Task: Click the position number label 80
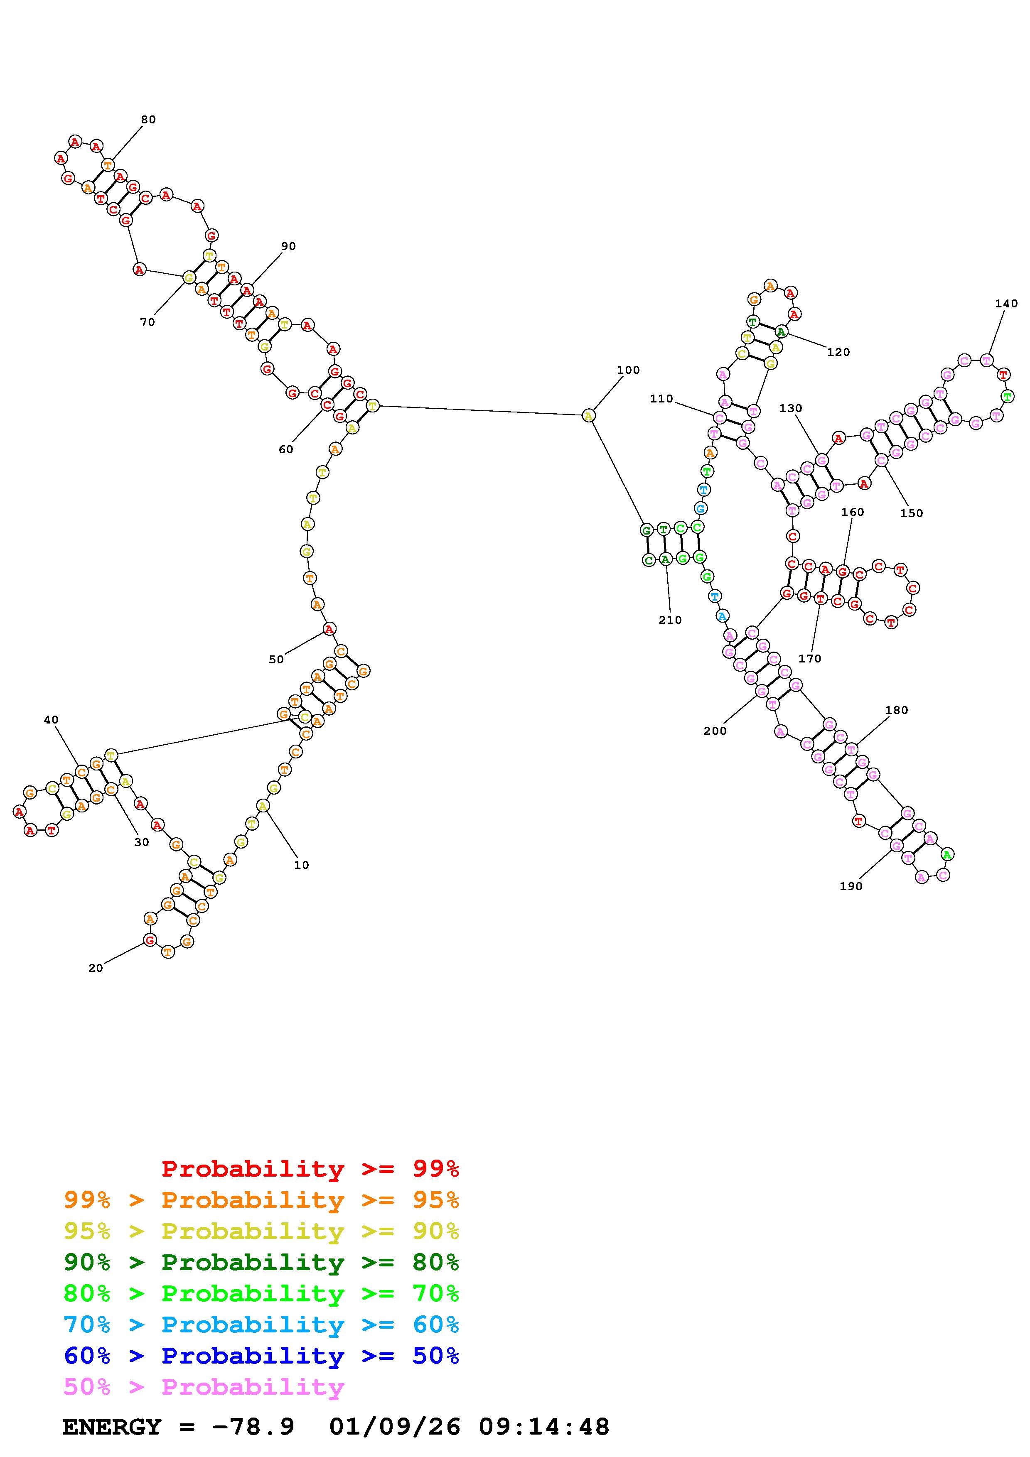coord(148,119)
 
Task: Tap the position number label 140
coord(1006,304)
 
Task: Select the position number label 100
coord(628,370)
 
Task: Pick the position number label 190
coord(851,886)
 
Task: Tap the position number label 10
coord(302,865)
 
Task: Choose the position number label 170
coord(810,659)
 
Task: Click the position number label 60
coord(285,449)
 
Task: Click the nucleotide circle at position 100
coord(588,416)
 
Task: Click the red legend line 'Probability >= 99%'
coord(310,1168)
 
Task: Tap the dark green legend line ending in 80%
coord(261,1262)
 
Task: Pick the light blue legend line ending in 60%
coord(261,1325)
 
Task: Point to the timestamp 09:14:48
coord(544,1427)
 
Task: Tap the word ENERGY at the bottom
coord(112,1427)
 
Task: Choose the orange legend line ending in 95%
coord(261,1200)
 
